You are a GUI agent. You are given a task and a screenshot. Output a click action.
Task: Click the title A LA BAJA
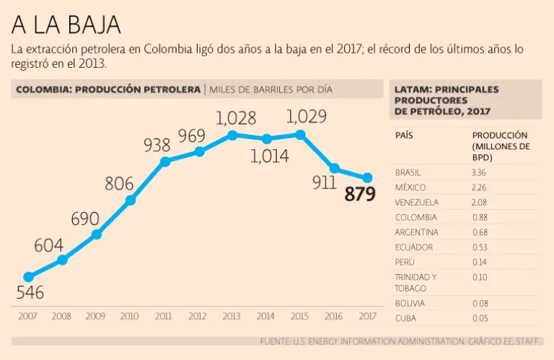click(x=66, y=25)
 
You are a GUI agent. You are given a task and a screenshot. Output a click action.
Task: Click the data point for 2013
click(x=232, y=134)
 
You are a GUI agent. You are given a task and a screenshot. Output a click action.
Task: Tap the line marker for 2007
click(x=28, y=277)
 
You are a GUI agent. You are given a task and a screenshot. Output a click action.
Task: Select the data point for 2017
click(x=367, y=177)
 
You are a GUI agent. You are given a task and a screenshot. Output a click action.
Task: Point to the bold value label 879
click(x=360, y=194)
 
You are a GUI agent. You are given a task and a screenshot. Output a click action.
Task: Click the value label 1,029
click(x=307, y=116)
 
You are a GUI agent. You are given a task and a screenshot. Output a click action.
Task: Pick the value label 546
click(x=30, y=293)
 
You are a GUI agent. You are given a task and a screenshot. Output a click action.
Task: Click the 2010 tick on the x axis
click(x=130, y=316)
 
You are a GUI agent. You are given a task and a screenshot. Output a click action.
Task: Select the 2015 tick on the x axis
click(x=299, y=316)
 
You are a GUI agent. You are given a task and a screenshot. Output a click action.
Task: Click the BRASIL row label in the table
click(x=408, y=172)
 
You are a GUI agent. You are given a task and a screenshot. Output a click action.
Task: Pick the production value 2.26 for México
click(x=479, y=188)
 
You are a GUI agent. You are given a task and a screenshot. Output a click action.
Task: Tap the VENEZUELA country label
click(x=416, y=203)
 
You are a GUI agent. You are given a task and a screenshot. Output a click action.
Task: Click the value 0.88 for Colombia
click(x=479, y=217)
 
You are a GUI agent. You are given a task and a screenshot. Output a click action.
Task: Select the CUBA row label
click(x=405, y=318)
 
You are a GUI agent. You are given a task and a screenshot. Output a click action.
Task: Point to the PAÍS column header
click(x=404, y=135)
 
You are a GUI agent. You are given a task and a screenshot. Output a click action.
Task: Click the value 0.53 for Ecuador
click(x=479, y=247)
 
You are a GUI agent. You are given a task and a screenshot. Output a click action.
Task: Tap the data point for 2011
click(x=164, y=161)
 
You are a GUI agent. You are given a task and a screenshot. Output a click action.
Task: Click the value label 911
click(x=325, y=183)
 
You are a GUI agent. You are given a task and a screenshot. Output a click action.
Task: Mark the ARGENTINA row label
click(x=416, y=232)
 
